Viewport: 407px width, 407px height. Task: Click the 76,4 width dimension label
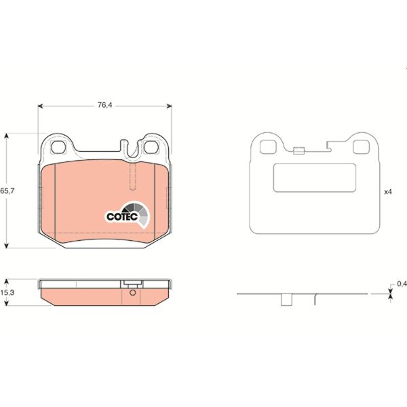tap(104, 105)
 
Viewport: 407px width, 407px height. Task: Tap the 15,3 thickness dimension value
tap(7, 292)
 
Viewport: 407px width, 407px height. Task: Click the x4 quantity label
tap(389, 192)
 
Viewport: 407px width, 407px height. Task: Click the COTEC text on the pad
tap(122, 216)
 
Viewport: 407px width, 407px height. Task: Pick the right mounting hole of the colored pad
tap(153, 147)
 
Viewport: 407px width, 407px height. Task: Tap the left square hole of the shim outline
tap(267, 145)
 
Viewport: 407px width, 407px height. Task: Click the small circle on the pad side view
tap(132, 293)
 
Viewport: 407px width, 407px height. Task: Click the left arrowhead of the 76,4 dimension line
tap(40, 105)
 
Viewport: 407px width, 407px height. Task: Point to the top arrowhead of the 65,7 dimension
tap(7, 136)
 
